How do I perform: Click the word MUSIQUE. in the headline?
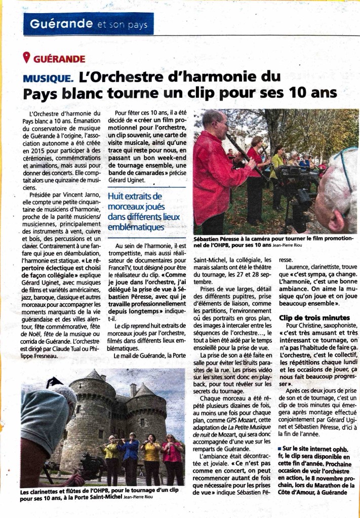[48, 78]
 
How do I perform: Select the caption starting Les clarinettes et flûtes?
[91, 495]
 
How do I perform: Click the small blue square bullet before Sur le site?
[281, 449]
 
